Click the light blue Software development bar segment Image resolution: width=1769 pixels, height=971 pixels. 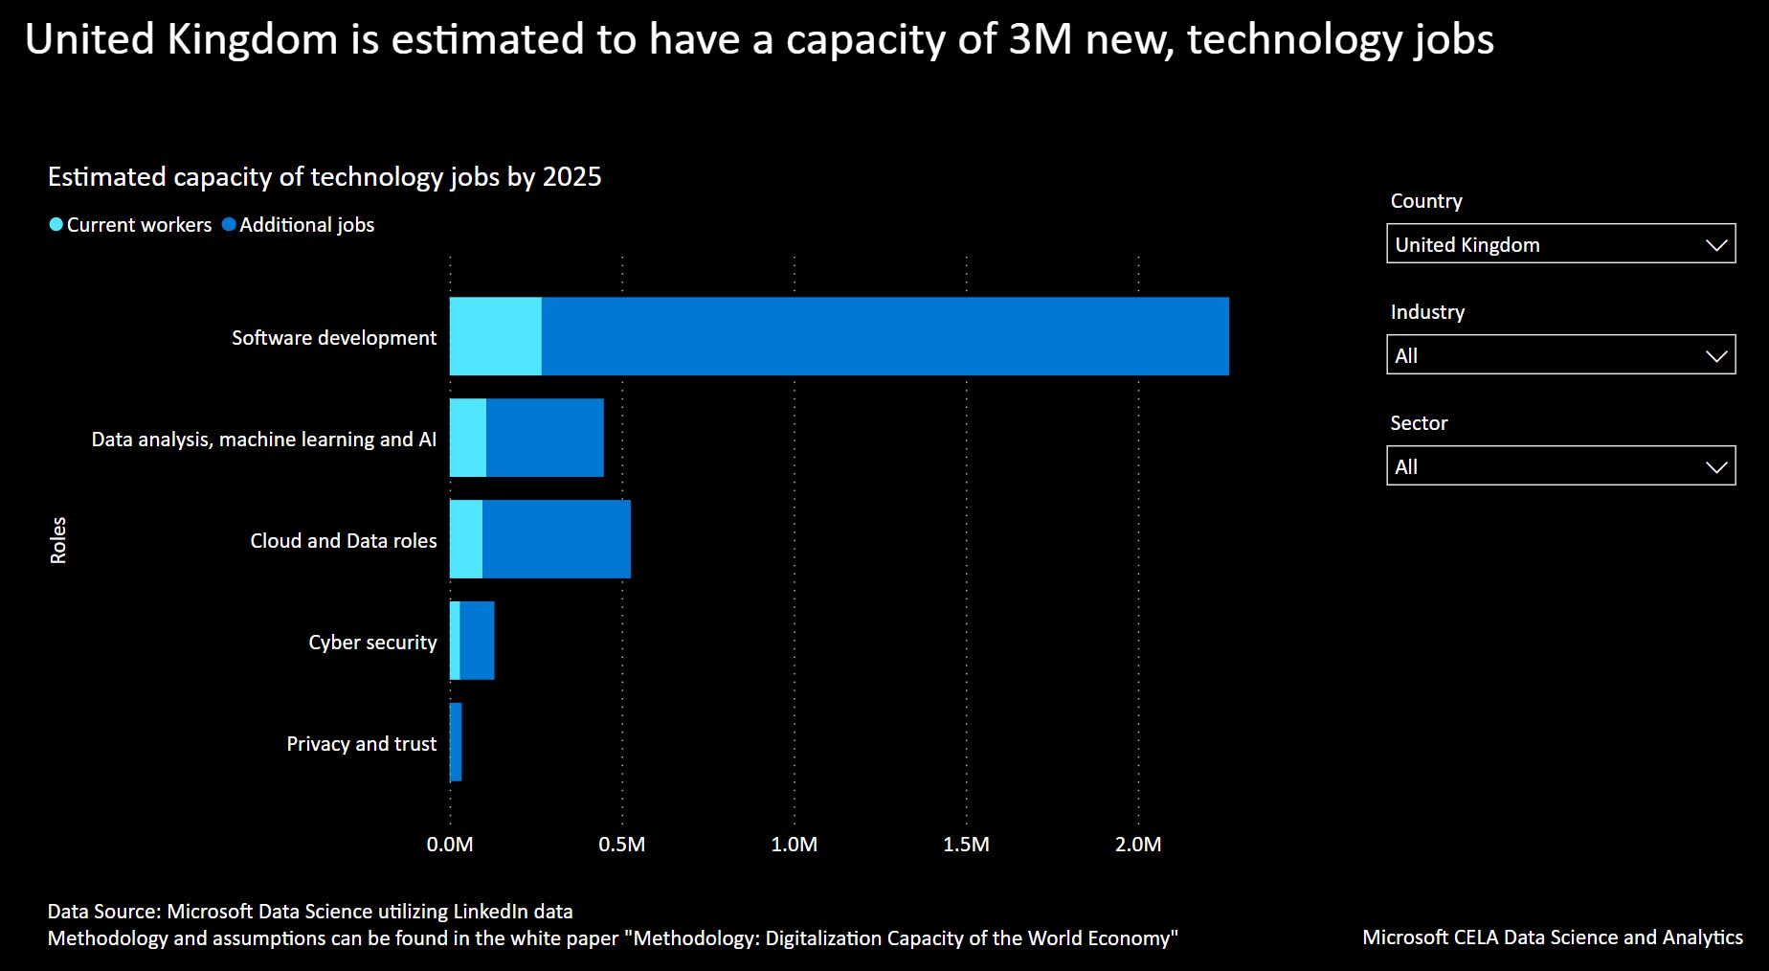[x=496, y=336]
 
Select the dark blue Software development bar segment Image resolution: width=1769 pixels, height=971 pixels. [x=884, y=336]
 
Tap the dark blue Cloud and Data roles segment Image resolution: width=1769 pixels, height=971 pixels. [x=556, y=539]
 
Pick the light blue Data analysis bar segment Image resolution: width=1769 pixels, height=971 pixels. [x=468, y=438]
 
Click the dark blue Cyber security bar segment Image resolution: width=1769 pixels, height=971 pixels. [x=477, y=641]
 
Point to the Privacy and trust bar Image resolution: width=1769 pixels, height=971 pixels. [x=457, y=742]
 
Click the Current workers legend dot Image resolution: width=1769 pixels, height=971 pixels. [x=56, y=225]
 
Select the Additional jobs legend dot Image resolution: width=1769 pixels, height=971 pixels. [x=229, y=225]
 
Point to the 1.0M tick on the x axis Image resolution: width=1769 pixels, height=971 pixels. [x=794, y=845]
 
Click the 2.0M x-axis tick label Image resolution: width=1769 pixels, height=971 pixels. [x=1138, y=845]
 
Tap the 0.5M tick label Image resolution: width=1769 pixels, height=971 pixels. [x=621, y=845]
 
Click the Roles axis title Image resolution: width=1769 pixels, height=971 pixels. [x=58, y=540]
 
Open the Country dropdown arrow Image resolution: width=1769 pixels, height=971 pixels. [x=1716, y=244]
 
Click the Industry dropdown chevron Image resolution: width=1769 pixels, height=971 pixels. [x=1716, y=355]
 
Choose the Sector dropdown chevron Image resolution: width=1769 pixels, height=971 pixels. [x=1716, y=466]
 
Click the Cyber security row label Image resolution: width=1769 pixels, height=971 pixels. [x=372, y=642]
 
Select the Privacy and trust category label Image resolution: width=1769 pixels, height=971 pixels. [x=361, y=743]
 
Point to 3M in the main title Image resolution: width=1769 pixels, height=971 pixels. [x=1041, y=39]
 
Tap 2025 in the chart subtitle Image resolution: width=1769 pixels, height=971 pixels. [x=571, y=177]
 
